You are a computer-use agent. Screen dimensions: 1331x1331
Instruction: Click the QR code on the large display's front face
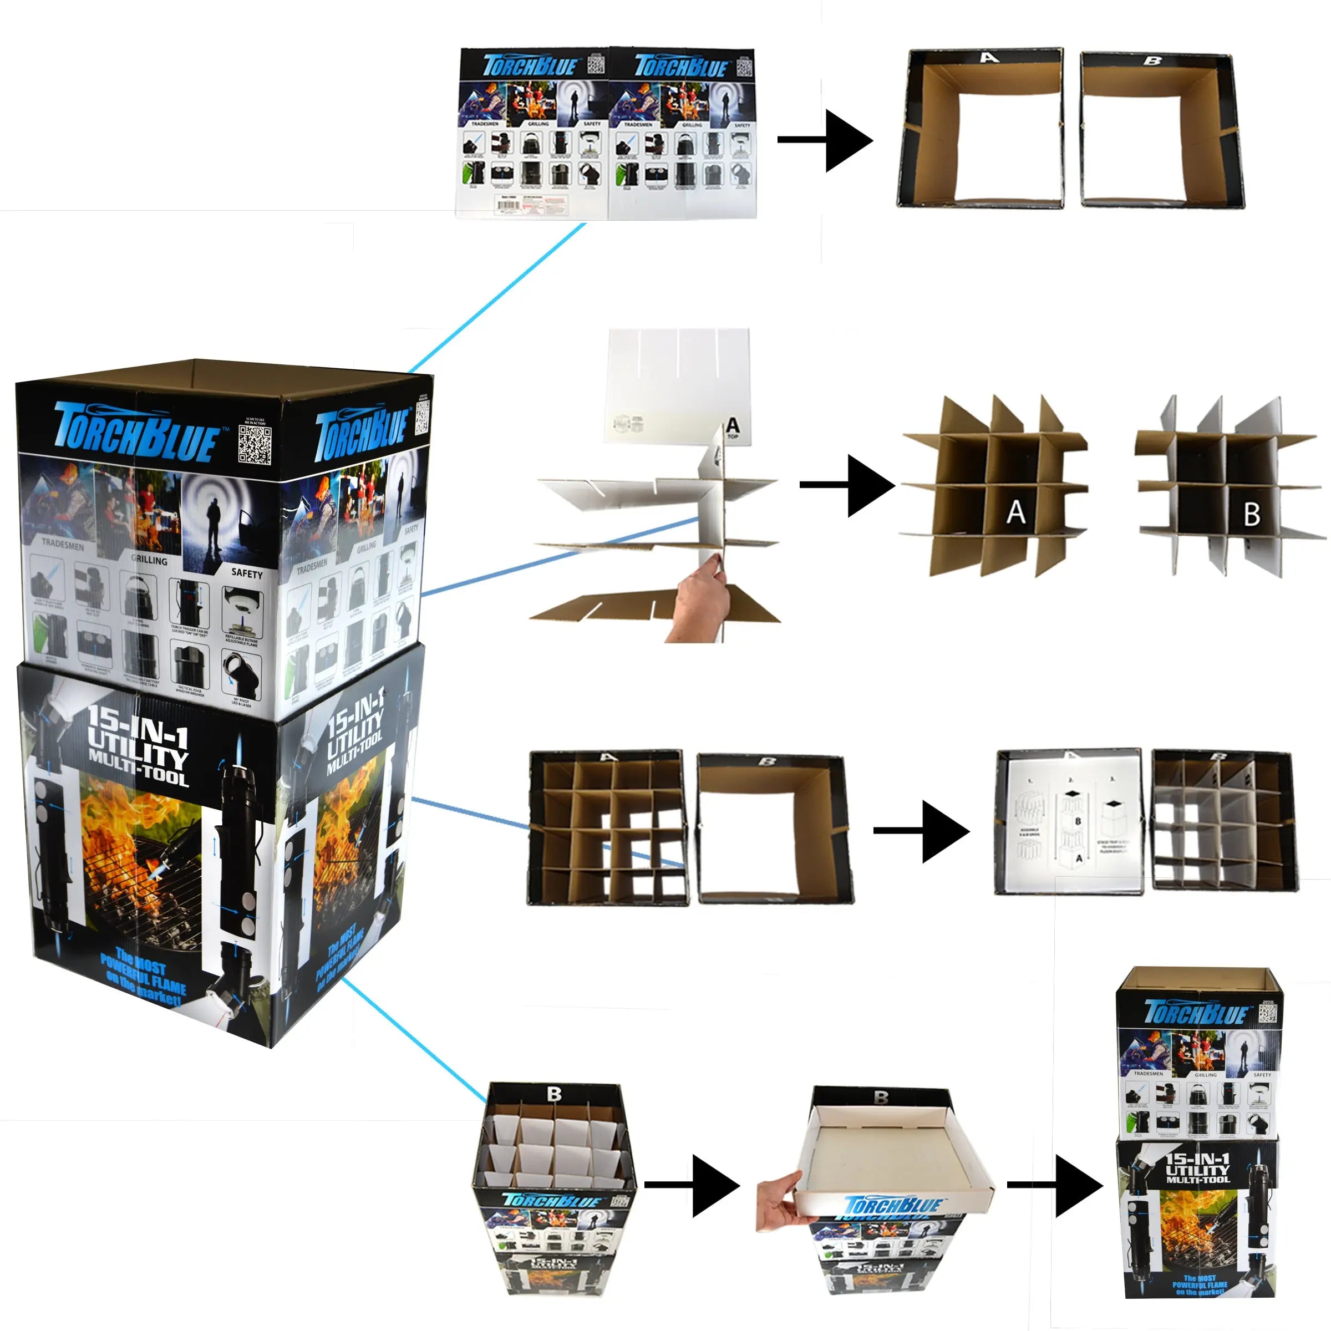[x=254, y=444]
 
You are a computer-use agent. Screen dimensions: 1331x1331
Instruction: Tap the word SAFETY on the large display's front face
[x=247, y=573]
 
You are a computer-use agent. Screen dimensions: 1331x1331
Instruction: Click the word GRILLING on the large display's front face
[x=149, y=560]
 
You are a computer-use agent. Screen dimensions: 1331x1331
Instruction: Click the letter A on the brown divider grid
[x=1015, y=512]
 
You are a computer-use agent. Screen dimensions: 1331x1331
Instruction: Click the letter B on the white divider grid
[x=1251, y=515]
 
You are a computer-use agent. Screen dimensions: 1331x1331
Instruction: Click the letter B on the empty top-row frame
[x=1152, y=62]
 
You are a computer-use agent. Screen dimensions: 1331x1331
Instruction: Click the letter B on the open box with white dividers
[x=554, y=1094]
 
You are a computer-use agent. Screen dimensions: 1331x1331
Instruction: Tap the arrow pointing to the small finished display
[x=1054, y=1185]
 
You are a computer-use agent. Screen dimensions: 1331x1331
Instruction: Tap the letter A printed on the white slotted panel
[x=732, y=426]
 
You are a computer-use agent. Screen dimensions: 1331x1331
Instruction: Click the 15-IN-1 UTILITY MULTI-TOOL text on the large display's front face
[x=138, y=747]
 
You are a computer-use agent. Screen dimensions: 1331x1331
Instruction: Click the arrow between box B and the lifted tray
[x=692, y=1185]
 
